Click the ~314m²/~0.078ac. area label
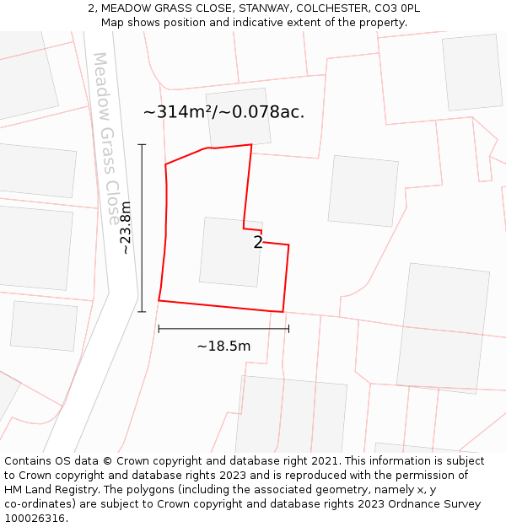coord(223,112)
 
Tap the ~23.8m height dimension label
coord(126,228)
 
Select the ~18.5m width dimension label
coord(223,346)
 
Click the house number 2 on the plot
coord(258,243)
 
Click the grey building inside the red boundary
coord(231,252)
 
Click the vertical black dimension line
coord(142,228)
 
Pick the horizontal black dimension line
coord(223,329)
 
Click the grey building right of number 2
coord(363,191)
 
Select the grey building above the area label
coord(239,117)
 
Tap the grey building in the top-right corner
coord(472,73)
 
